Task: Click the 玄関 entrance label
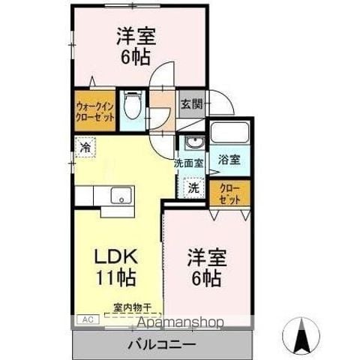[190, 104]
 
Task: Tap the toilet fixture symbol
[133, 104]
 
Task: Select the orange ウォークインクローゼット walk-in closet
[94, 112]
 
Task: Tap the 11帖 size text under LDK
[115, 278]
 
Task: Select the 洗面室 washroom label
[189, 161]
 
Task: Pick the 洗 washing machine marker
[193, 187]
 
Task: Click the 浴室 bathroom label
[229, 160]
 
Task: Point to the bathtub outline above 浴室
[230, 133]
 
